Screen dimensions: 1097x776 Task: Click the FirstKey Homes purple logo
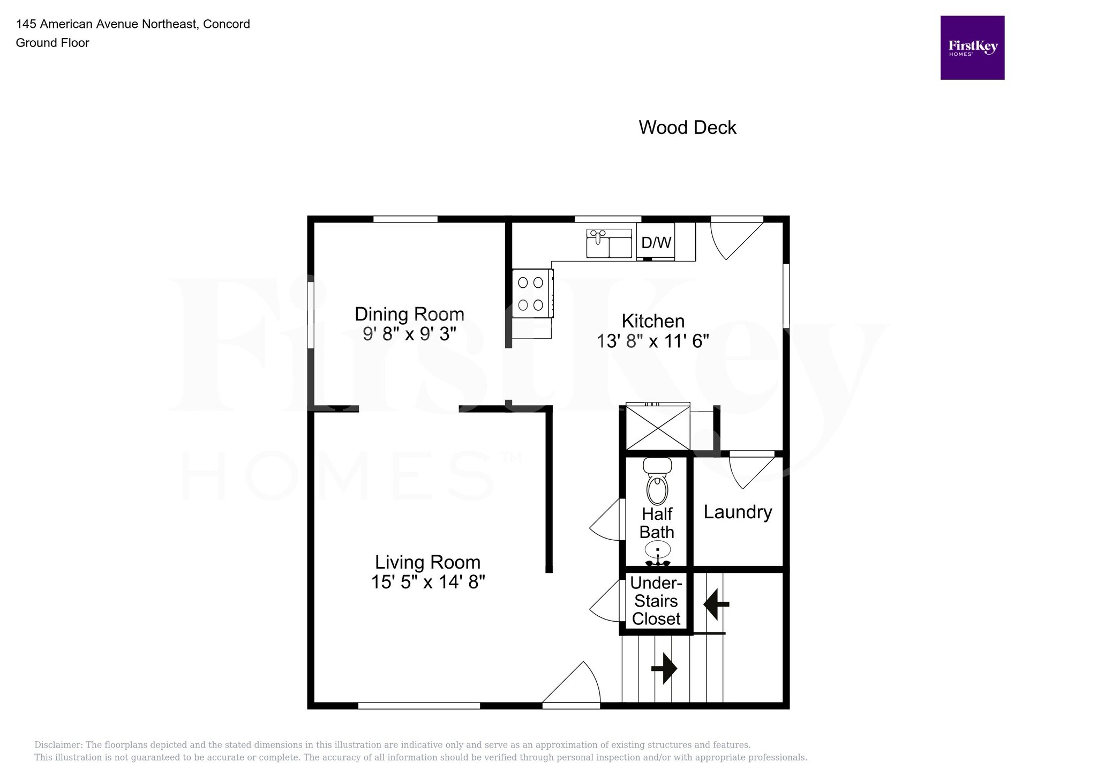pos(972,48)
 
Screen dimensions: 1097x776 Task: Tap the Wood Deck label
pos(687,128)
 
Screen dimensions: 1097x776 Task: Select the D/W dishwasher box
pos(656,242)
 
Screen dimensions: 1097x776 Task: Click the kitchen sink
pos(609,243)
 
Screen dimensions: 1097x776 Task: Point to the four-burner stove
pos(532,293)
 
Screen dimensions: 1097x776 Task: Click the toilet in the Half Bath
pos(657,481)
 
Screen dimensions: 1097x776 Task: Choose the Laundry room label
pos(738,512)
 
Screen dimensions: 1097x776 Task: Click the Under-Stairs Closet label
pos(656,601)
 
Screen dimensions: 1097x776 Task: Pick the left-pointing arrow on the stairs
pos(716,604)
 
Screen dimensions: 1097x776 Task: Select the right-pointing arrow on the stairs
pos(664,668)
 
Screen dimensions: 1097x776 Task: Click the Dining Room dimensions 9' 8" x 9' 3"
pos(409,334)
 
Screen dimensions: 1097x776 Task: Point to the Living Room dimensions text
pos(428,582)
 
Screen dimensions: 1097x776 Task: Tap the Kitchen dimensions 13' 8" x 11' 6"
pos(653,341)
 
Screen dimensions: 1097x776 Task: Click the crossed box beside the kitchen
pos(658,428)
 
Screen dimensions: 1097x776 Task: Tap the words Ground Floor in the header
pos(52,43)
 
